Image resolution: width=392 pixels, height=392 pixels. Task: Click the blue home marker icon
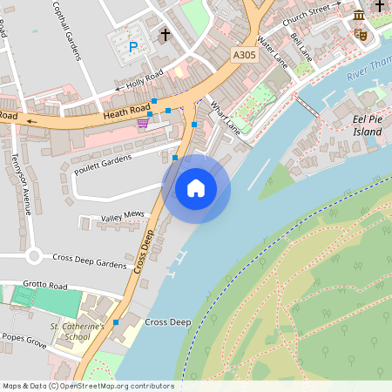point(196,188)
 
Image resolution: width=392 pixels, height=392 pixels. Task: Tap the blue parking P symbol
point(133,47)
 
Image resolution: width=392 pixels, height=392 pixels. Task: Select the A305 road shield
point(245,55)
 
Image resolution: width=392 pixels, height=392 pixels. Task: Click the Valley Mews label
point(122,215)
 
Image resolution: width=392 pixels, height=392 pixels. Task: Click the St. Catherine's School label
point(77,331)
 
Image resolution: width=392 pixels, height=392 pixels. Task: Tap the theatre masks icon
point(361,34)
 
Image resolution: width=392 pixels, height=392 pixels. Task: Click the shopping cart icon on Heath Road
point(142,123)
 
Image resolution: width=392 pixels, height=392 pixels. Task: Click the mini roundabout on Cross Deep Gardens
point(34,256)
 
